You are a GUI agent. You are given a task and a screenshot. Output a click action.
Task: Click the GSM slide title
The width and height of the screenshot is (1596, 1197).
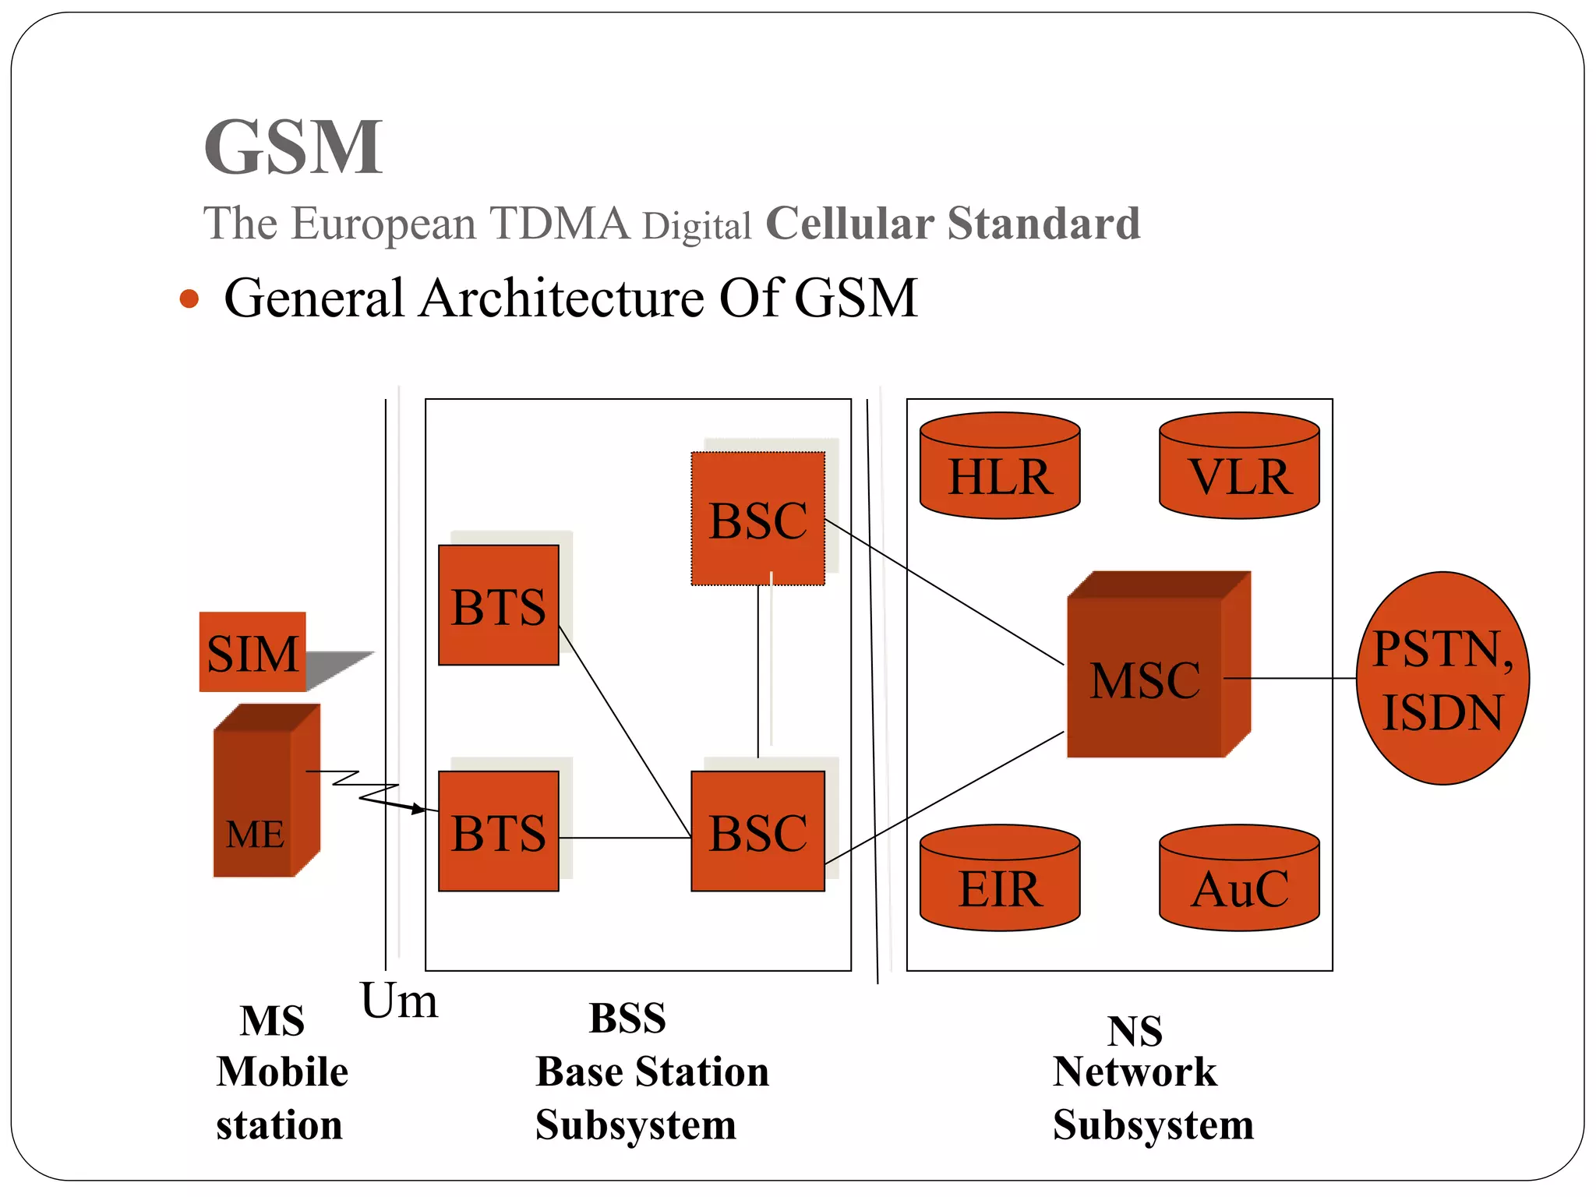pos(293,147)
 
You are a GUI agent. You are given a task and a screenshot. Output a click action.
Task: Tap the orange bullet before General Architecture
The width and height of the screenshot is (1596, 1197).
pos(189,298)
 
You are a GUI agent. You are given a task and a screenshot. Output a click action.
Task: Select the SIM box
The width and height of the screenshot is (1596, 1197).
pos(252,652)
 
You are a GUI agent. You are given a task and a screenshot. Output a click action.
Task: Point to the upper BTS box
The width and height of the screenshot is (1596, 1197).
pos(499,606)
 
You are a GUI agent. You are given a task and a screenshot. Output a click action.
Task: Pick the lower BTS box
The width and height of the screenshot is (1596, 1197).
pos(499,832)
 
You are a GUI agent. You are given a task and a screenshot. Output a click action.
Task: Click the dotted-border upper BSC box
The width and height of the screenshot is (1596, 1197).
pos(757,519)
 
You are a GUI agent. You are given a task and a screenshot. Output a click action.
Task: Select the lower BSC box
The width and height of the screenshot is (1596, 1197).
pos(757,832)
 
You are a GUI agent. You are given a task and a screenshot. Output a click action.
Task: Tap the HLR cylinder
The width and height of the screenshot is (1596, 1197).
pos(1000,468)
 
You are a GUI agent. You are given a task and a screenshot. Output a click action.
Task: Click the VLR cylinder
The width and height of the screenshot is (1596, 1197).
pos(1239,468)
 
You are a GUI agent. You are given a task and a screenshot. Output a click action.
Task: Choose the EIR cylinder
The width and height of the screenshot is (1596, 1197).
pos(1000,881)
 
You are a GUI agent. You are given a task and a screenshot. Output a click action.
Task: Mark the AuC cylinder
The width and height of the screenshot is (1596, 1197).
pos(1239,881)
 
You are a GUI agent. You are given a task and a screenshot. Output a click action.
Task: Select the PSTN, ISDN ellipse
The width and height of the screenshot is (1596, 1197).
pos(1442,678)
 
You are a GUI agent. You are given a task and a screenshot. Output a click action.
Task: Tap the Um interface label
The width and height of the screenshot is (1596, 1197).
pos(398,1001)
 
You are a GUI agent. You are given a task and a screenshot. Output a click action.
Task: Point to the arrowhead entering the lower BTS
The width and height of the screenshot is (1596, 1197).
pos(419,810)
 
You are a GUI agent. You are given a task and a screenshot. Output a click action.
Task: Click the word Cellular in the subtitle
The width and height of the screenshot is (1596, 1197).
pos(849,224)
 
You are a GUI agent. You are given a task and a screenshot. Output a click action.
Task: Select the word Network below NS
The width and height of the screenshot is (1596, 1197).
pos(1134,1072)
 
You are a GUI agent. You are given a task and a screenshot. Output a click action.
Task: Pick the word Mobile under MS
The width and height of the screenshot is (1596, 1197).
pos(282,1072)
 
